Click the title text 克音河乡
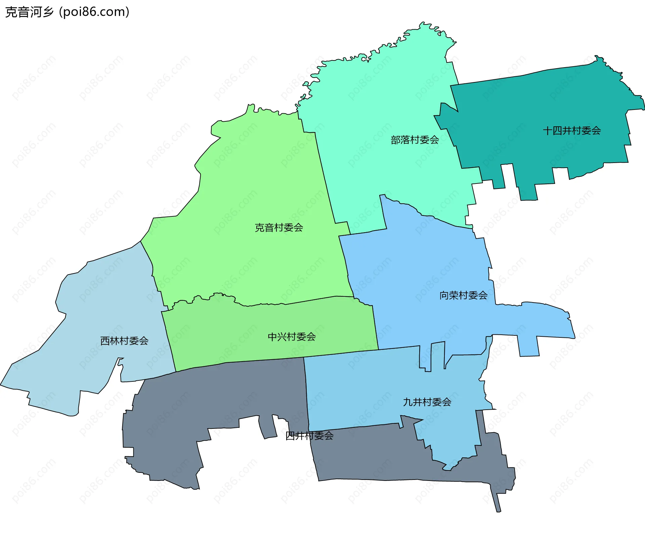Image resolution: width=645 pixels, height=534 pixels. click(29, 12)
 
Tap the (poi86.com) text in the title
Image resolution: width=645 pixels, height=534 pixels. click(94, 12)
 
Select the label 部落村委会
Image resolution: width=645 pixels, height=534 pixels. click(415, 140)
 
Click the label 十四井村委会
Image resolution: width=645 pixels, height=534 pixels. click(572, 130)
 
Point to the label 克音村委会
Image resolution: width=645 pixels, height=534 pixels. click(279, 228)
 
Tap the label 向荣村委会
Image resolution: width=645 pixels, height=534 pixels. click(463, 295)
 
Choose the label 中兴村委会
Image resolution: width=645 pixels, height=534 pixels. click(292, 336)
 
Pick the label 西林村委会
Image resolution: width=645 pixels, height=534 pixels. click(124, 341)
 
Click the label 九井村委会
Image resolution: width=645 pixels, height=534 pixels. click(427, 402)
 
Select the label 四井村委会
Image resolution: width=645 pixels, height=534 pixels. click(309, 436)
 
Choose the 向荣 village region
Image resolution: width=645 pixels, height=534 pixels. click(420, 269)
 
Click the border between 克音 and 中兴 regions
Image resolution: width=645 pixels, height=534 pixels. click(286, 304)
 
